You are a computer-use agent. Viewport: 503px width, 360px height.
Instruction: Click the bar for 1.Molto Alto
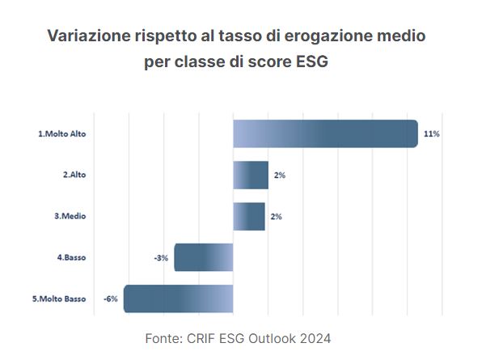pyautogui.click(x=325, y=133)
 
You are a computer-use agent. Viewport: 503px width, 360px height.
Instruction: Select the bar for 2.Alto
pyautogui.click(x=251, y=175)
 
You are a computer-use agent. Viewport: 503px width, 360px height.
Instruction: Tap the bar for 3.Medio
pyautogui.click(x=249, y=216)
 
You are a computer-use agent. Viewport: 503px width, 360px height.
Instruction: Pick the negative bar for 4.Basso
pyautogui.click(x=204, y=257)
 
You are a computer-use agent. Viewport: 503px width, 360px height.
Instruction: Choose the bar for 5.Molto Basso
pyautogui.click(x=178, y=299)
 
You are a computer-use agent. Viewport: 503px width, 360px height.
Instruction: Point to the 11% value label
pyautogui.click(x=431, y=134)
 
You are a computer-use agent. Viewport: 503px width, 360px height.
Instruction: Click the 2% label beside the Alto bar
pyautogui.click(x=280, y=176)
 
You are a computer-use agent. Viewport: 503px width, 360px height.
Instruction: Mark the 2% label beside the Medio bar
pyautogui.click(x=277, y=217)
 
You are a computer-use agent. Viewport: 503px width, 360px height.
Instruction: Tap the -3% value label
pyautogui.click(x=160, y=258)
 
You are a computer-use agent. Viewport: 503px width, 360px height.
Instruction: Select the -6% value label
pyautogui.click(x=111, y=299)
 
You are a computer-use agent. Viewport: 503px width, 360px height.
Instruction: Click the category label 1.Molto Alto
pyautogui.click(x=61, y=134)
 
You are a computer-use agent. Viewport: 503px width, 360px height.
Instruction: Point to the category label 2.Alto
pyautogui.click(x=74, y=176)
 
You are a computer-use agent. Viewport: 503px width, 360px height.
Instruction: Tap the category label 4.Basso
pyautogui.click(x=71, y=258)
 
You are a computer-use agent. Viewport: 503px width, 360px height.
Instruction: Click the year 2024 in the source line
pyautogui.click(x=314, y=337)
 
